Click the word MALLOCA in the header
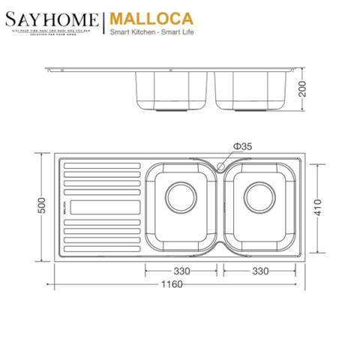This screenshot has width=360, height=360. (x=149, y=18)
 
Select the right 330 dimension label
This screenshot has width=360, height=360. (x=259, y=270)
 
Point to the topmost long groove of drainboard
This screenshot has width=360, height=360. (x=100, y=164)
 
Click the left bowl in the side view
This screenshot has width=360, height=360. (x=172, y=91)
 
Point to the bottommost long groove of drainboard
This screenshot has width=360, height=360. (x=100, y=247)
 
